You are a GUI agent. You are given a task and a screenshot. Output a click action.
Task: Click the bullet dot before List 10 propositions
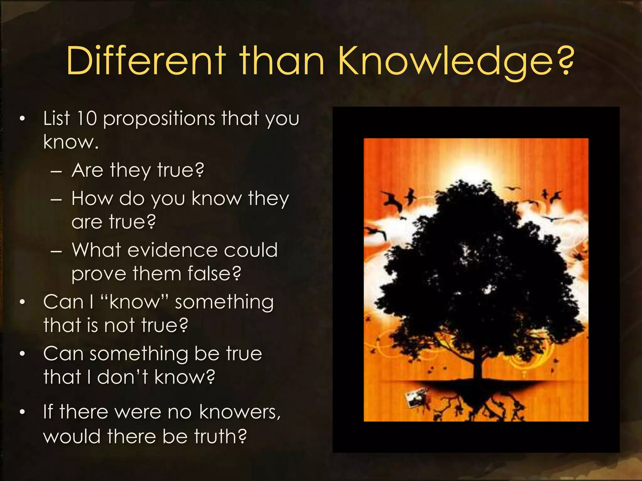pyautogui.click(x=22, y=119)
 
